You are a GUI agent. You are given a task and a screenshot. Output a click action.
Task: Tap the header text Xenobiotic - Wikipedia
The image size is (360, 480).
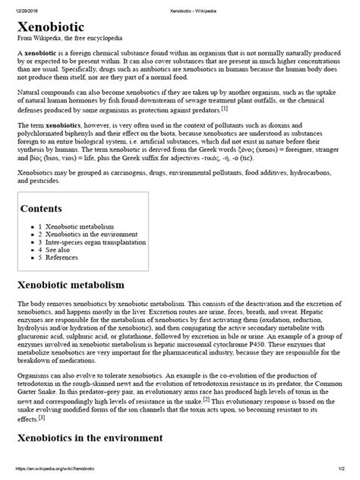180,5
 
